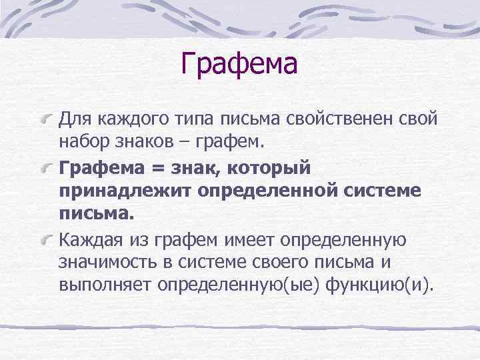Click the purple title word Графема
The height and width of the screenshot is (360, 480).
239,65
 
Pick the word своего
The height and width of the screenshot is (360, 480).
297,262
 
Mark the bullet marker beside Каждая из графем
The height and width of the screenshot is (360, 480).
47,238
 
